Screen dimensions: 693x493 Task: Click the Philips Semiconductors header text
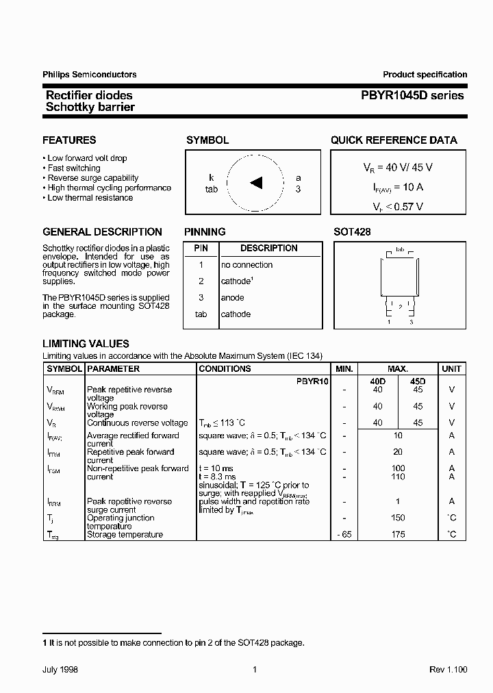(x=90, y=75)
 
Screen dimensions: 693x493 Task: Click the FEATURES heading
(x=69, y=140)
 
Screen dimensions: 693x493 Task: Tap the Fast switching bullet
(x=74, y=168)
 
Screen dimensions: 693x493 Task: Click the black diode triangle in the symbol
(x=256, y=182)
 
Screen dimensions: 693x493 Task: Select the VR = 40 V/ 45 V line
(x=398, y=167)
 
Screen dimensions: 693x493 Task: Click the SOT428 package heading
(x=352, y=232)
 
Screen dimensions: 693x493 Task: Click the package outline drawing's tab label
(x=400, y=249)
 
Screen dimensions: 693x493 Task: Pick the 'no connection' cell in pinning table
(x=246, y=265)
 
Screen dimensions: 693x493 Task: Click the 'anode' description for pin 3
(x=232, y=298)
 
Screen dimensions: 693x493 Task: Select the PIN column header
(x=201, y=248)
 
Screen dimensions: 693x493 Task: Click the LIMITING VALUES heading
(x=86, y=344)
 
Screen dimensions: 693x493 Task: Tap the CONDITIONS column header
(x=225, y=368)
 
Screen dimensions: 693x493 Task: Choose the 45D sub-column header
(x=417, y=381)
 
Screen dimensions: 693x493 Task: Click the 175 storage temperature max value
(x=398, y=534)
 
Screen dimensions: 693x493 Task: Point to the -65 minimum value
(x=344, y=534)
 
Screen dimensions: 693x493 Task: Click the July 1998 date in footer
(x=60, y=670)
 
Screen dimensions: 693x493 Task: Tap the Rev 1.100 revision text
(x=448, y=670)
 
